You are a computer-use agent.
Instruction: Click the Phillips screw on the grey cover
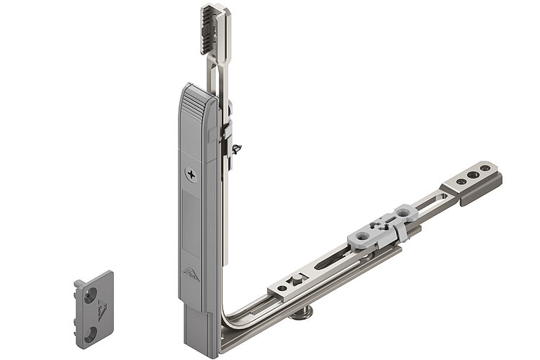pyautogui.click(x=191, y=174)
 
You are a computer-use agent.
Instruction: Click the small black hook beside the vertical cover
pyautogui.click(x=236, y=149)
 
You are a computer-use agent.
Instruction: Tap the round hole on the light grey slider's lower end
pyautogui.click(x=360, y=238)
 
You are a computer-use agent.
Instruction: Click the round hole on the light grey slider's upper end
pyautogui.click(x=403, y=213)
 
